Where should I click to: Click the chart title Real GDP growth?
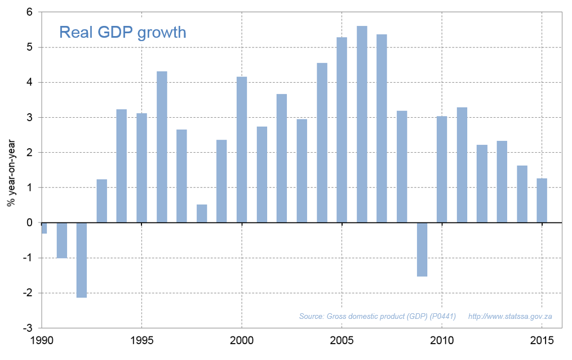(x=122, y=32)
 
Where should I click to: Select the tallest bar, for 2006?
(x=362, y=124)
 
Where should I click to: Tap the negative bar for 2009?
(x=422, y=250)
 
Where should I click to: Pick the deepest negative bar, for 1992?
(x=82, y=260)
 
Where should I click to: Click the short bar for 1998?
(x=202, y=214)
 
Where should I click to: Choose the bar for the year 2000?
(x=242, y=149)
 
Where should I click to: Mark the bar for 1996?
(x=162, y=147)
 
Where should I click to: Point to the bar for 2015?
(x=542, y=201)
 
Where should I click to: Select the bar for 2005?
(x=342, y=130)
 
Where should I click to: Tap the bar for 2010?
(x=442, y=169)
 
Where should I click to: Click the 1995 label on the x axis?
(x=141, y=341)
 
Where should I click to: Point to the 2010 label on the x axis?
(x=442, y=341)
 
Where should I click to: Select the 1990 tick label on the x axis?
(x=42, y=341)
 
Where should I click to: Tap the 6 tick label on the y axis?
(x=30, y=12)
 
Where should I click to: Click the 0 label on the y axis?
(x=30, y=223)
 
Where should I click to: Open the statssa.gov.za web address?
(x=510, y=316)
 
